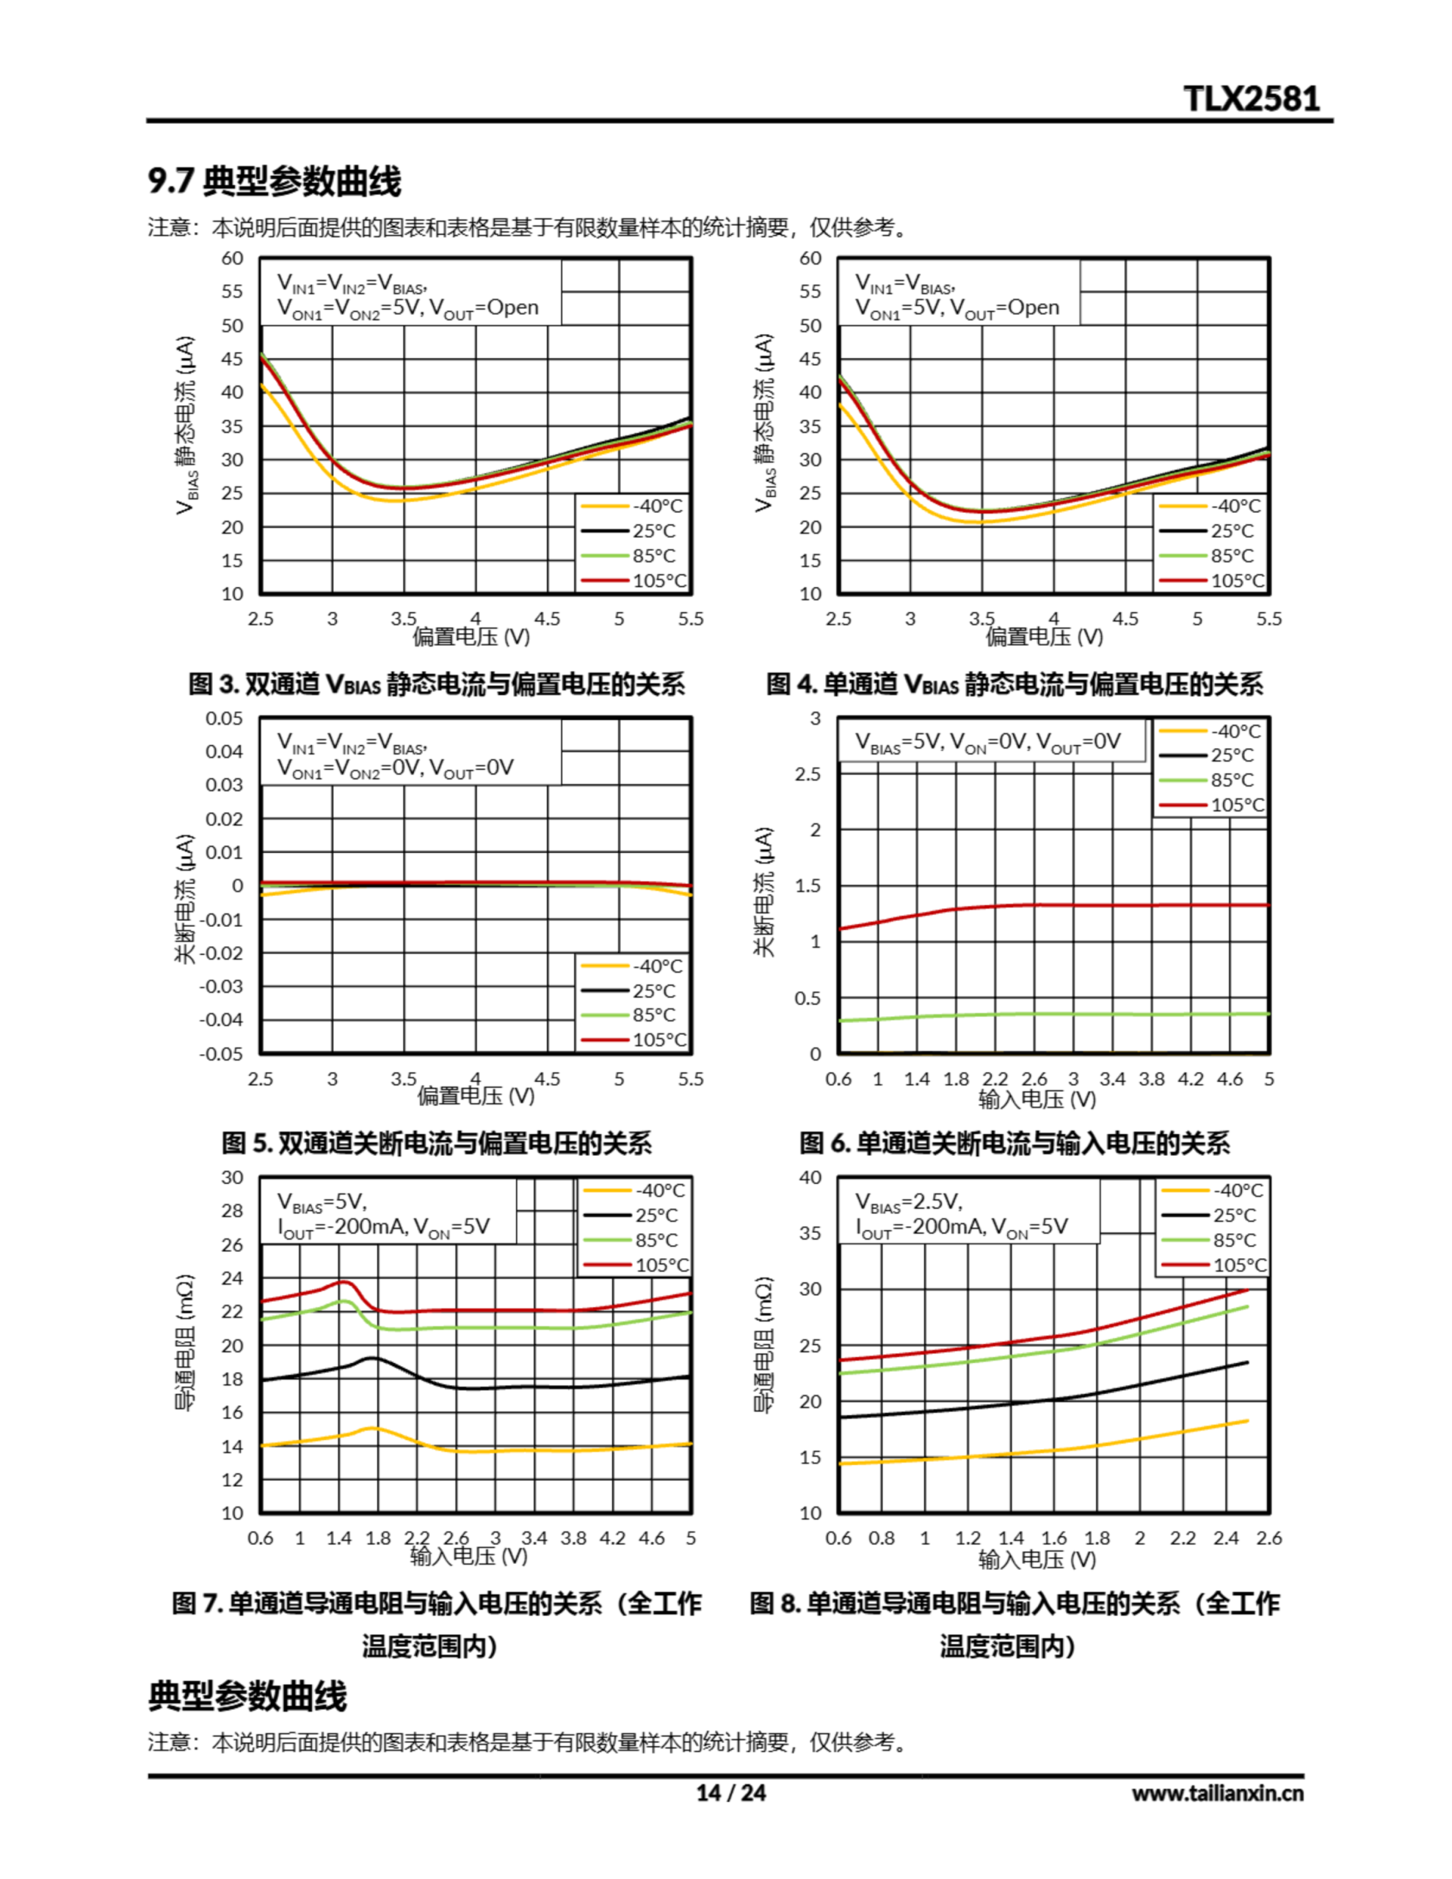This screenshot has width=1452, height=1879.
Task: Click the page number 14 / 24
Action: pyautogui.click(x=730, y=1793)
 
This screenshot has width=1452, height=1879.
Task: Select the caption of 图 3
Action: pyautogui.click(x=436, y=685)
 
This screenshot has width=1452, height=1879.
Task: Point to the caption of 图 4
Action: pyautogui.click(x=1014, y=685)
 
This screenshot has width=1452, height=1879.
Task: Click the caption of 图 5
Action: pyautogui.click(x=436, y=1144)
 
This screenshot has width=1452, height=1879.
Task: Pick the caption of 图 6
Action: pyautogui.click(x=1014, y=1144)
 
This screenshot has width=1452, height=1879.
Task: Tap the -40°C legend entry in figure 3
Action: pyautogui.click(x=633, y=506)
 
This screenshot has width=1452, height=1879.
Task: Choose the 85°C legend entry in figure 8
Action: pyautogui.click(x=1213, y=1240)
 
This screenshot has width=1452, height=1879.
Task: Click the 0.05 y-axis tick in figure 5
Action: pyautogui.click(x=224, y=719)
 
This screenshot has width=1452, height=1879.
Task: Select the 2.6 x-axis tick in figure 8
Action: pyautogui.click(x=1268, y=1538)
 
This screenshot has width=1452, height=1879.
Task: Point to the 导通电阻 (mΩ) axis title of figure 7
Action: pyautogui.click(x=185, y=1343)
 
